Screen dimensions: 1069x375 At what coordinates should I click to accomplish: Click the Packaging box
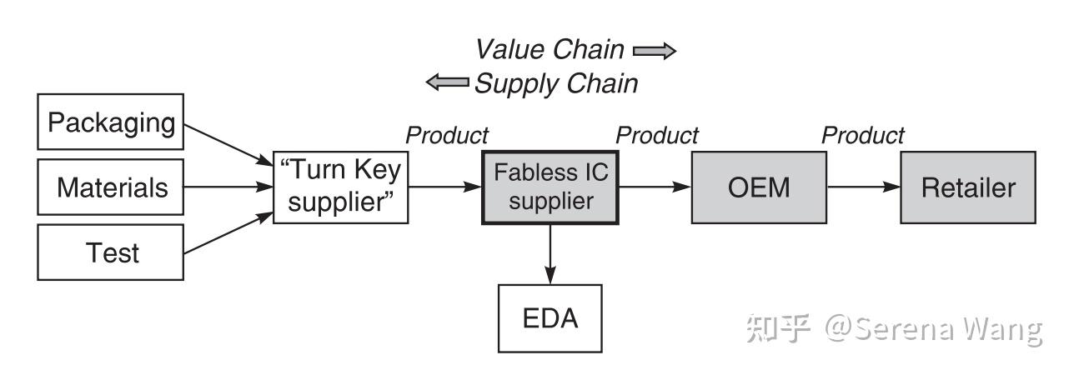(x=110, y=122)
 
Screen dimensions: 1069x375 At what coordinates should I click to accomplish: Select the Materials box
(x=110, y=187)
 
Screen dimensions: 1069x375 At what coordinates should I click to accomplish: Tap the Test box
(x=110, y=252)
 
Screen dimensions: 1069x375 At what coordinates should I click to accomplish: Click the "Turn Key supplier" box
(x=341, y=187)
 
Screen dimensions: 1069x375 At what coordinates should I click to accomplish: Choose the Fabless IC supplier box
(x=550, y=187)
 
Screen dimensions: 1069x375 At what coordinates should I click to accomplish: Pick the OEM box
(x=759, y=187)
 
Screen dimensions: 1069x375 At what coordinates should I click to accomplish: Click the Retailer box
(x=968, y=187)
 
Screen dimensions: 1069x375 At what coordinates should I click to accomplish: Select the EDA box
(x=550, y=318)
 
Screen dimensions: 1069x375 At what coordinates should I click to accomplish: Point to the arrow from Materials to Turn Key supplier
(x=228, y=187)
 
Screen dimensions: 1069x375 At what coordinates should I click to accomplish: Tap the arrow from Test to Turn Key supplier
(x=228, y=232)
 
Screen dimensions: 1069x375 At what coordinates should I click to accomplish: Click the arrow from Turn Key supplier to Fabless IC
(x=445, y=187)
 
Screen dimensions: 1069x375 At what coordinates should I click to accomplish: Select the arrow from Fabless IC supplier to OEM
(x=655, y=187)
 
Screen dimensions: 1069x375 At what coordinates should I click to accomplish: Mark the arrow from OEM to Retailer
(x=864, y=187)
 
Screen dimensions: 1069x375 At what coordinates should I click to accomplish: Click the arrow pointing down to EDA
(x=550, y=254)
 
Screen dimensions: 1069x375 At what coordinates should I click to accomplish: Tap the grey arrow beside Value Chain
(x=655, y=51)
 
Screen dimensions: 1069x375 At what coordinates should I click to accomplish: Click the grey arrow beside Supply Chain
(x=447, y=82)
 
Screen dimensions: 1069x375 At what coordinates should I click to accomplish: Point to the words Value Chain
(x=550, y=49)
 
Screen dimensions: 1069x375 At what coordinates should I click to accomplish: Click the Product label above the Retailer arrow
(x=863, y=136)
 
